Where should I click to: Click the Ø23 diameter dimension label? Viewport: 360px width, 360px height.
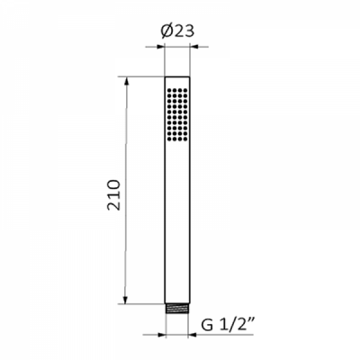pos(177,31)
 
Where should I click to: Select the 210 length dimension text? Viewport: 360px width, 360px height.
pos(114,195)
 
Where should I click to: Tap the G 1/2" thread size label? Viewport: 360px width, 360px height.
pos(228,325)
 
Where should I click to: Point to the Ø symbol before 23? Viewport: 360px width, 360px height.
pos(166,31)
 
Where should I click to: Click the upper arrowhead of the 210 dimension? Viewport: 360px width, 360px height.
pos(126,82)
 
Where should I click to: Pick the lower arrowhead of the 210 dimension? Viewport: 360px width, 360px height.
pos(126,299)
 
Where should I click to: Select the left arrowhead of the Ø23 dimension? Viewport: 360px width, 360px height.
pos(160,47)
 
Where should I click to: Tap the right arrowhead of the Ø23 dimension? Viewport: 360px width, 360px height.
pos(195,47)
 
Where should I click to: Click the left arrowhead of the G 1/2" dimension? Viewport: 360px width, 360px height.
pos(161,335)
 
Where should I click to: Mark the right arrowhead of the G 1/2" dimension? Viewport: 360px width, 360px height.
pos(193,335)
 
